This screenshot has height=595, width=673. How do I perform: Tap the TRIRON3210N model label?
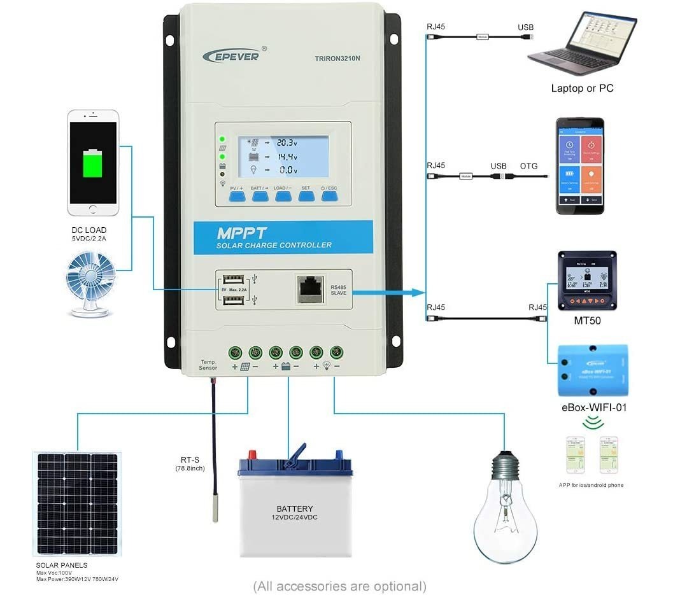tap(337, 59)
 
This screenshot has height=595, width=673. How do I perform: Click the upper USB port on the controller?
tap(234, 278)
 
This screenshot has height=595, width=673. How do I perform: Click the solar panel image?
tap(77, 502)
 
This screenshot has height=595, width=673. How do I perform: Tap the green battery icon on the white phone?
tap(93, 163)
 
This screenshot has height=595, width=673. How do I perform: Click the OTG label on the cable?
tap(528, 166)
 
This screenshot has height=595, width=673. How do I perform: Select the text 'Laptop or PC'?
tap(582, 88)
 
